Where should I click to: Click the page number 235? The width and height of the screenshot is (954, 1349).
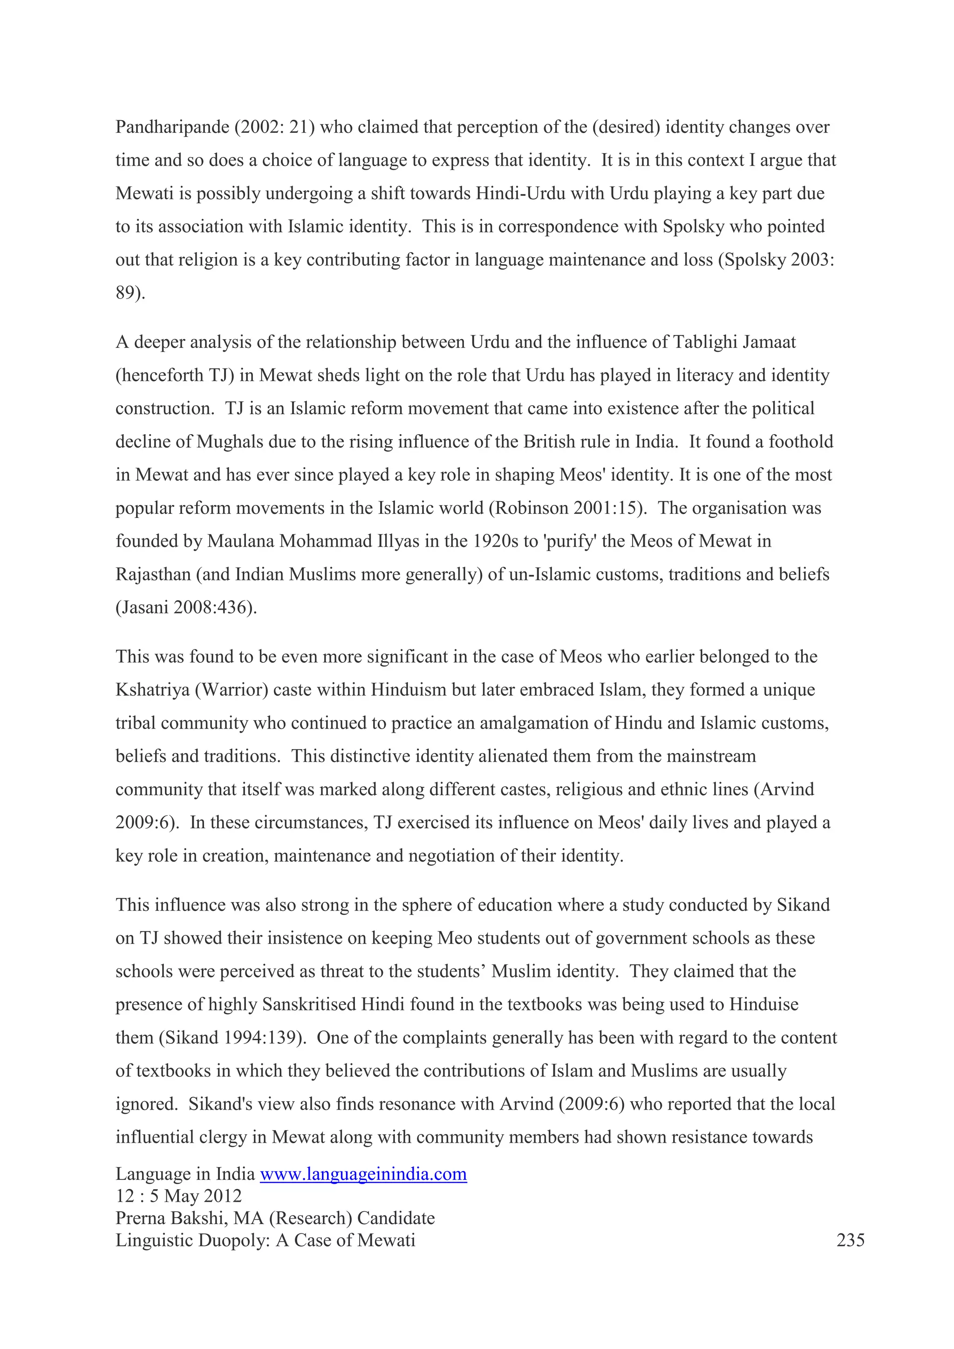(x=850, y=1240)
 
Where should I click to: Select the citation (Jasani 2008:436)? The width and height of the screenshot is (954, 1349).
(x=186, y=607)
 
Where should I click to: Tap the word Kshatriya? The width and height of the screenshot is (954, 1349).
(x=152, y=690)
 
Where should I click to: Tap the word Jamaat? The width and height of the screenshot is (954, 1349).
(x=768, y=342)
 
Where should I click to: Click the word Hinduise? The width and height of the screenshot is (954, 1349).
(x=763, y=1005)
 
